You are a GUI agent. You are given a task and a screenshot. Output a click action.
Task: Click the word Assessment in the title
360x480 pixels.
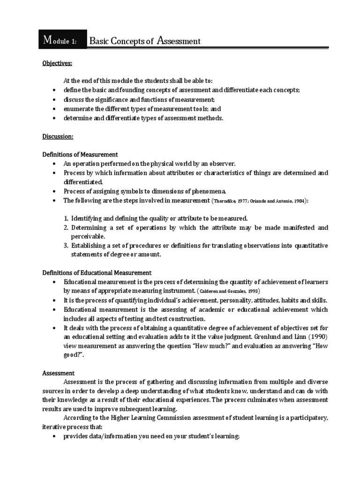(179, 41)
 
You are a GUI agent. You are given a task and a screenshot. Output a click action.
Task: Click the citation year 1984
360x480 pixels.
(299, 201)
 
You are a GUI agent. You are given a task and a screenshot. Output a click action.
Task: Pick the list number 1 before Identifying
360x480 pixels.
(66, 218)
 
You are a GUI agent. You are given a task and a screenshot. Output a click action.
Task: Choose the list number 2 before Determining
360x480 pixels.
(66, 227)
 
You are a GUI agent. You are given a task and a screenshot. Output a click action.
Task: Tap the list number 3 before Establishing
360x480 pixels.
(66, 246)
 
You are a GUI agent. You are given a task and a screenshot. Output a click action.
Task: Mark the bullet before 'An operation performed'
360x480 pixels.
(54, 164)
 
